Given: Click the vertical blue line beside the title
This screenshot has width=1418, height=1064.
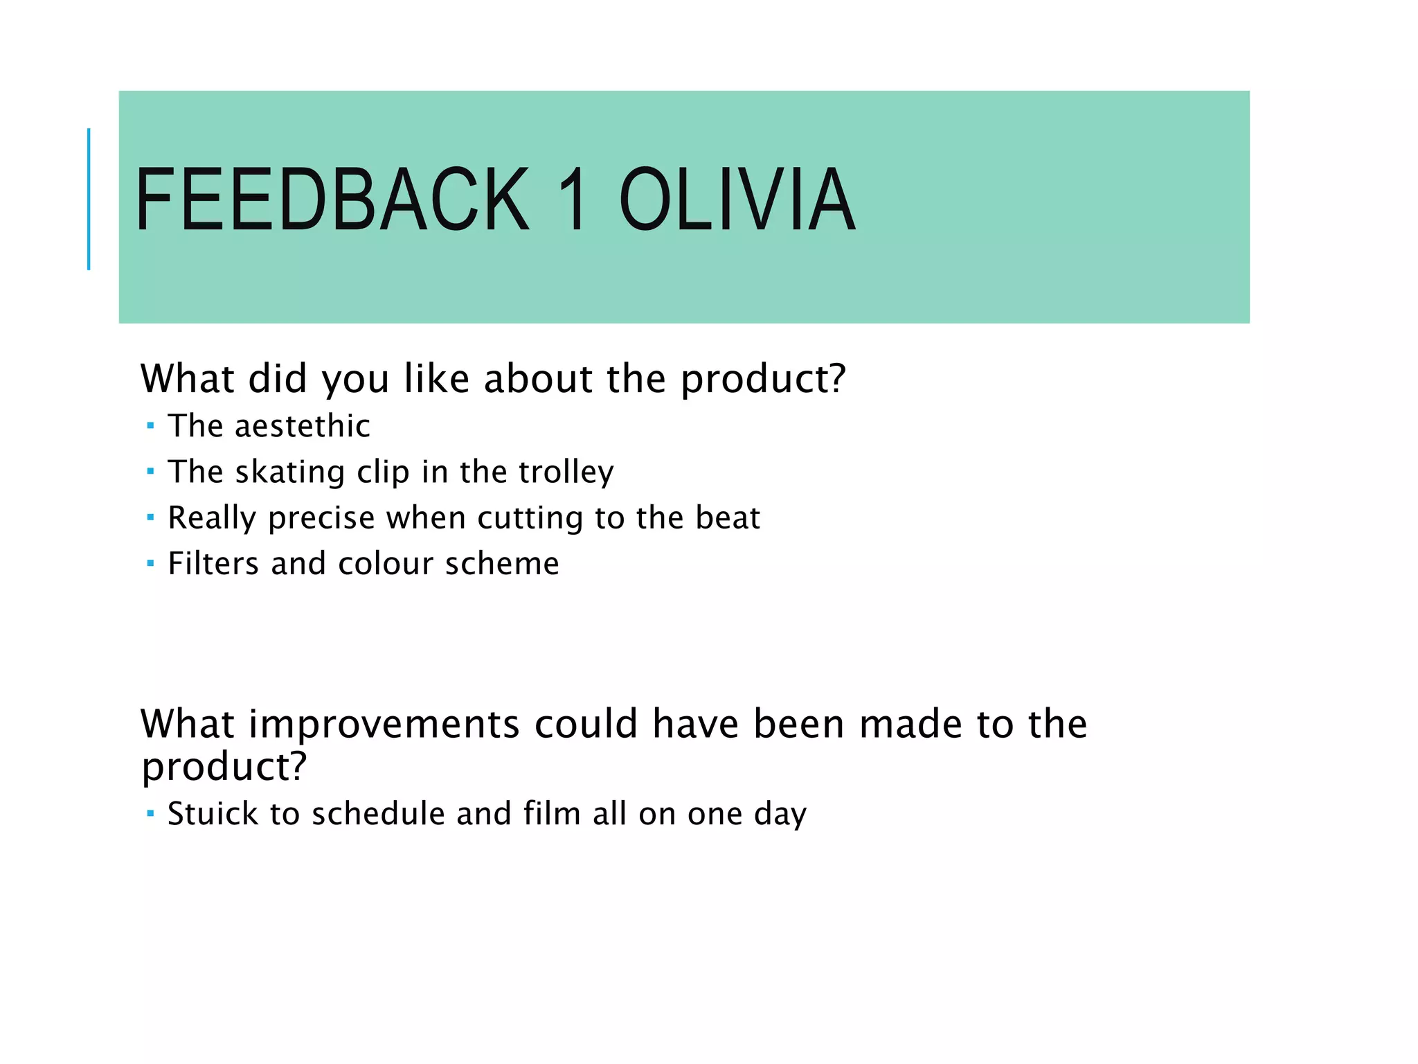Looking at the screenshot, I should [89, 199].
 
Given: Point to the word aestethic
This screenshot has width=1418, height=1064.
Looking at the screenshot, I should [303, 425].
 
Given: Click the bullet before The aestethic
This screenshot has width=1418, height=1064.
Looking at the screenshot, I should [150, 426].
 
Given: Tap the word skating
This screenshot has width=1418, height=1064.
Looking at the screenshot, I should [290, 472].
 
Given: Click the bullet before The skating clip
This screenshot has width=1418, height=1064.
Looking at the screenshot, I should [150, 472].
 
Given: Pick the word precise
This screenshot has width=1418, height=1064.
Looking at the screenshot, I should [322, 518].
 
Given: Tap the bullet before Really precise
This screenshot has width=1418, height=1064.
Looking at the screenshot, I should [150, 517].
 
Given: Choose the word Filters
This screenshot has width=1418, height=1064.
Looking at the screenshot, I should [214, 563].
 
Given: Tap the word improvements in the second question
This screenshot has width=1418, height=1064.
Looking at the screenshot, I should [384, 724].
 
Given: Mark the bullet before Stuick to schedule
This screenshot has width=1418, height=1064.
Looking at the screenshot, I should [150, 813].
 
